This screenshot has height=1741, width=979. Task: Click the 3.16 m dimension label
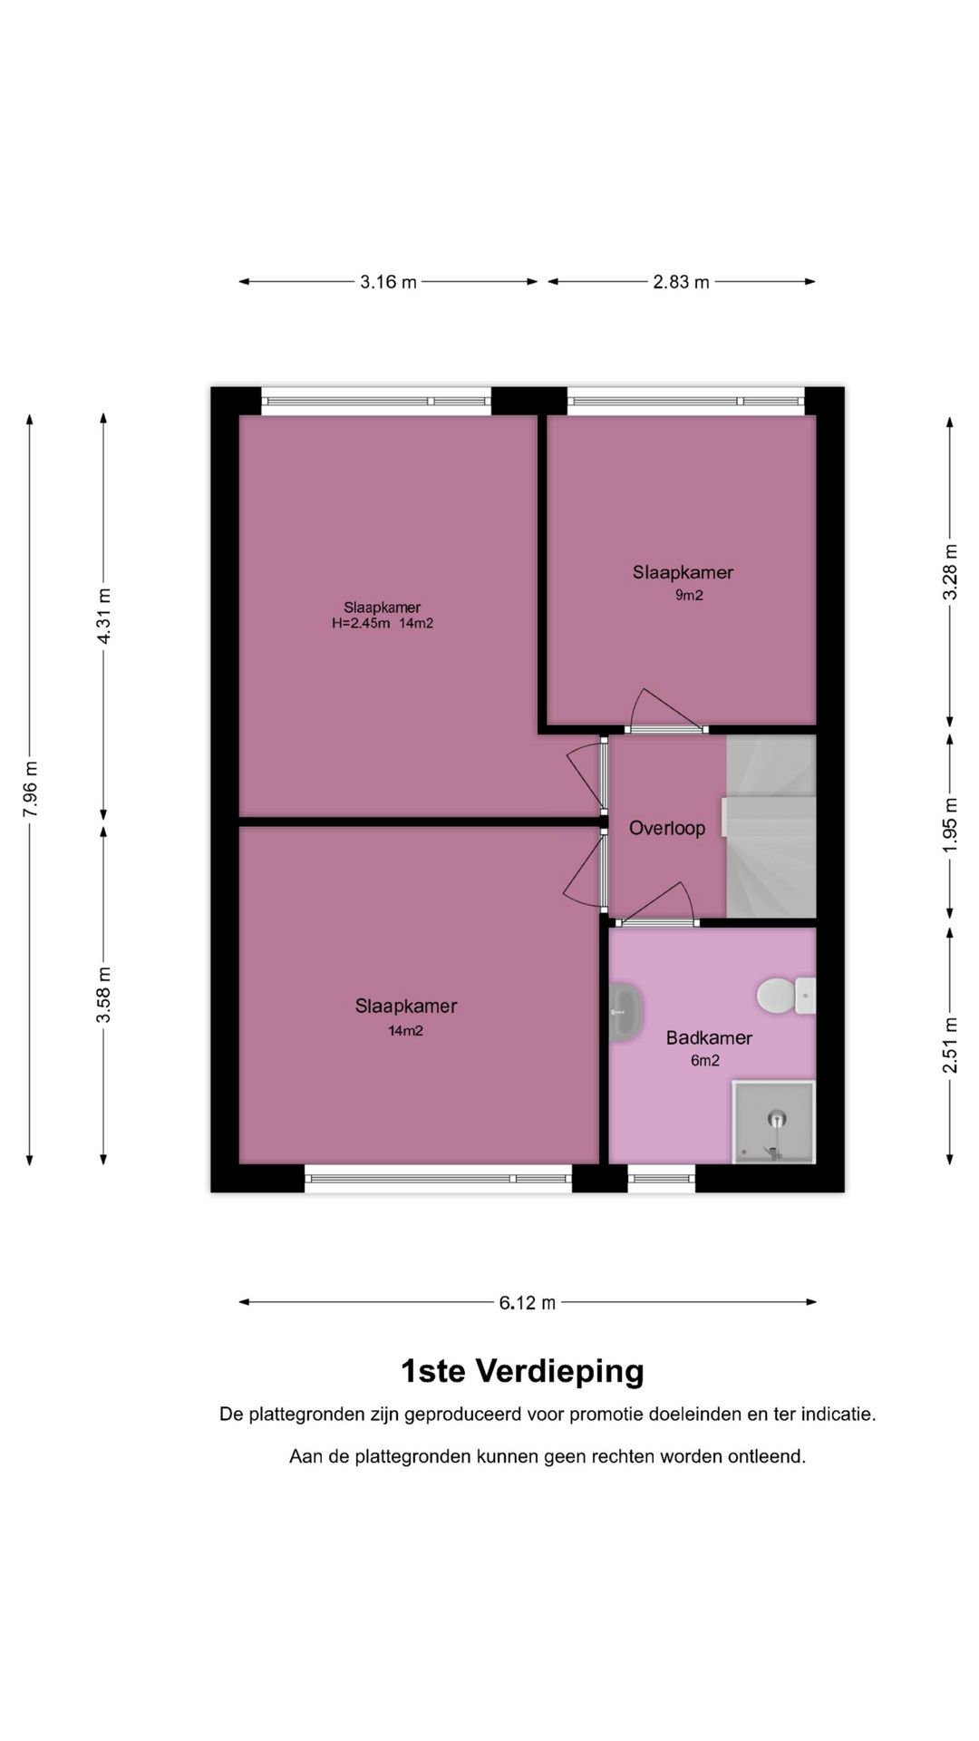(x=388, y=282)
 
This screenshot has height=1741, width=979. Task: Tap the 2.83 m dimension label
(x=681, y=282)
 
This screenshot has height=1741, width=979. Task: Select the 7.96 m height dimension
(x=30, y=788)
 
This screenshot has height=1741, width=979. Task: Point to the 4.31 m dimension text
(x=104, y=617)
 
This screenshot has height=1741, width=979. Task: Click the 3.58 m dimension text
(x=104, y=994)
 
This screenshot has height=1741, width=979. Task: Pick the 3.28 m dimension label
(x=950, y=572)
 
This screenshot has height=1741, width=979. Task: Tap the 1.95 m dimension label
(x=950, y=824)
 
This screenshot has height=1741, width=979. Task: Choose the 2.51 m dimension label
(x=950, y=1046)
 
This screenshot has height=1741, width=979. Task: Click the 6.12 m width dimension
(x=527, y=1303)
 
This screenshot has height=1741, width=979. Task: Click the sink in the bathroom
(x=625, y=1012)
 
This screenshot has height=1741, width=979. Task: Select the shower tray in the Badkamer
(x=773, y=1122)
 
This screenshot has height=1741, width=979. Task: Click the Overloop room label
(x=667, y=828)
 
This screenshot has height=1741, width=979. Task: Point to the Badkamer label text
(x=709, y=1038)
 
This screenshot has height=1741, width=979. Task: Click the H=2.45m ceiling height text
(x=361, y=624)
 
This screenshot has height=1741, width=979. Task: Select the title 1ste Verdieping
(x=522, y=1371)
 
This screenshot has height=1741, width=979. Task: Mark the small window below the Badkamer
(x=661, y=1179)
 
